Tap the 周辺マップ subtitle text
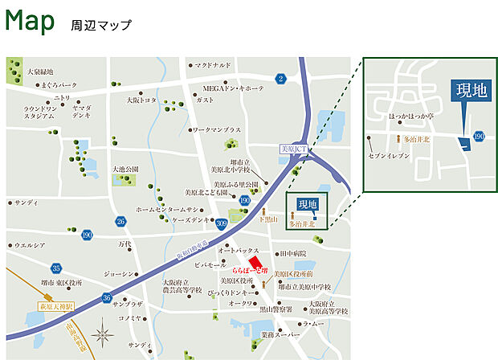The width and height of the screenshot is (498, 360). (x=100, y=25)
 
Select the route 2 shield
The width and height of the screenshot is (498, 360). (x=280, y=78)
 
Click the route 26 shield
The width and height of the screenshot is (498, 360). (x=121, y=221)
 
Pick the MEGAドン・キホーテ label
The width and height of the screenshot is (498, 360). (x=234, y=88)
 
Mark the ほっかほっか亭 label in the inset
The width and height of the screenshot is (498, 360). (x=413, y=117)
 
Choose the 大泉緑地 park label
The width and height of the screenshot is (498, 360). (x=40, y=72)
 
